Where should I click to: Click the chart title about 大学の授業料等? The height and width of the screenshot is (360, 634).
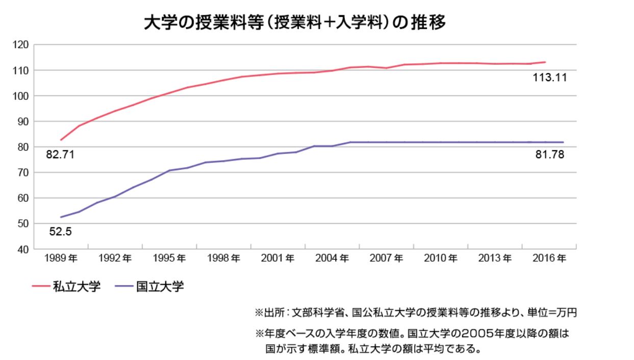pos(295,23)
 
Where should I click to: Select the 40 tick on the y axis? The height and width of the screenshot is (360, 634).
pos(22,249)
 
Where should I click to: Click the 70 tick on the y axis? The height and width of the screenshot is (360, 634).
pos(22,173)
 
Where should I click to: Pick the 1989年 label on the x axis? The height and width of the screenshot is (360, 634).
pos(60,259)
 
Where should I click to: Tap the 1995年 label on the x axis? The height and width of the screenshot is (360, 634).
pos(169,259)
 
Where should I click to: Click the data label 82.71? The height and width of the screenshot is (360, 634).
pos(60,155)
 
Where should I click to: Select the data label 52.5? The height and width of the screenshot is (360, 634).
pos(60,232)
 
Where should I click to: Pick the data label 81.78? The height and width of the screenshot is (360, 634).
pos(549,155)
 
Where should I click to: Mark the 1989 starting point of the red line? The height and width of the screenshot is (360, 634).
pos(61,140)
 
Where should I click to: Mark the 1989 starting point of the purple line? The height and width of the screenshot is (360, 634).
pos(61,217)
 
